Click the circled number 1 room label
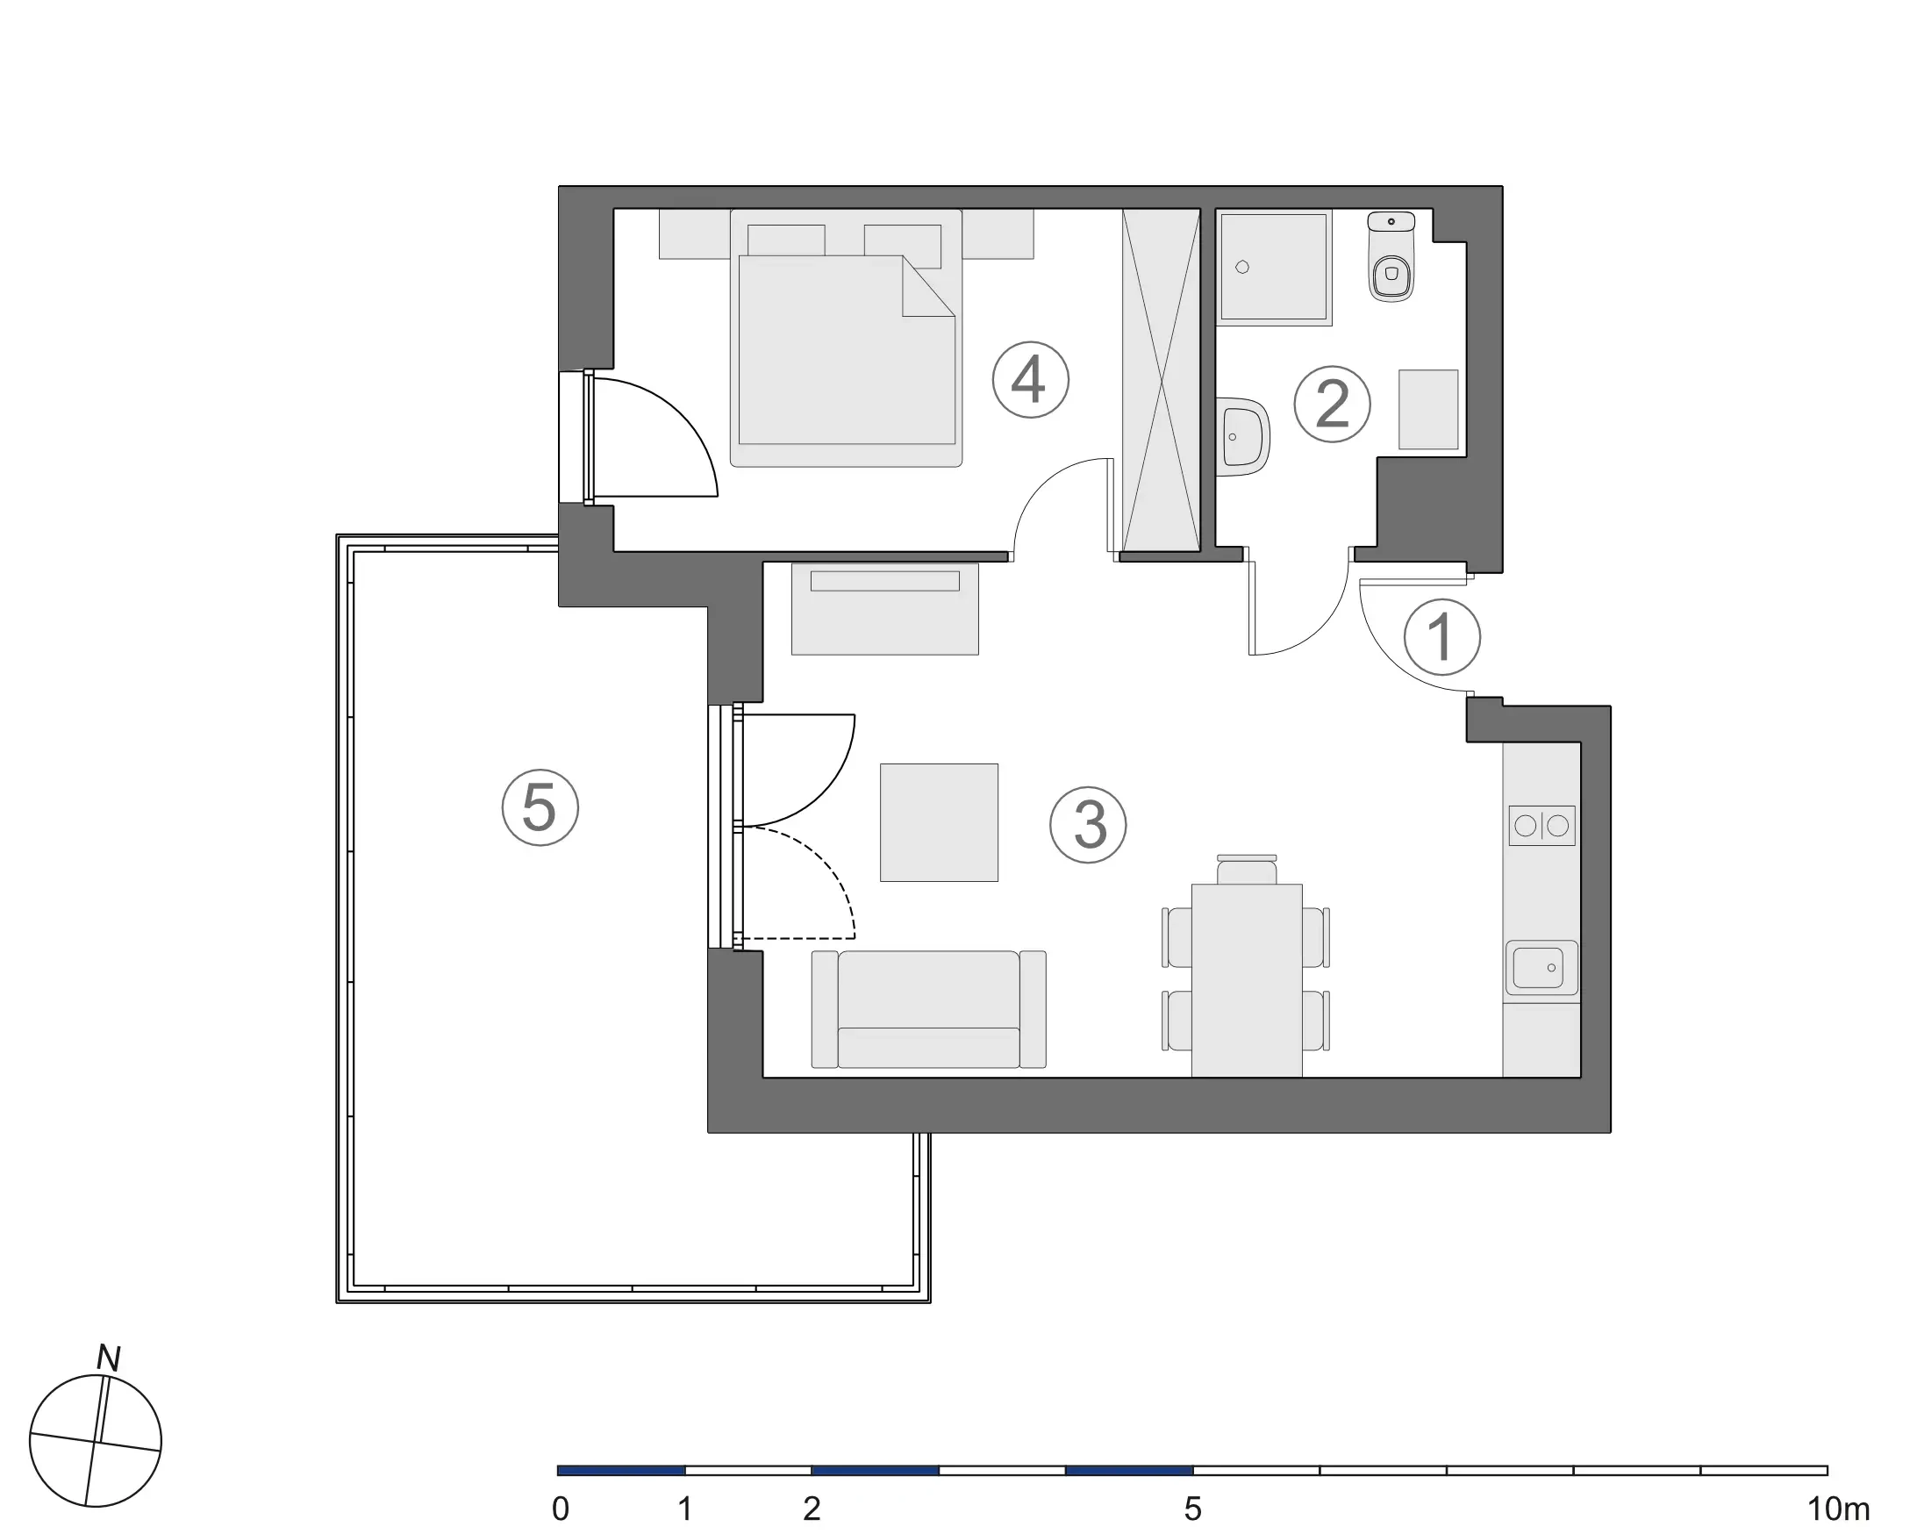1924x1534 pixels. pos(1441,637)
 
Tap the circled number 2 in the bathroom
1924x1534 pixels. pos(1332,405)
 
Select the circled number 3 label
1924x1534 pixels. pos(1088,825)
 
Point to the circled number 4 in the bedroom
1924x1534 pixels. pos(1030,379)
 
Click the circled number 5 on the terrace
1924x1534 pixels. pos(540,807)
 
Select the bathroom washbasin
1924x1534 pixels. pos(1242,436)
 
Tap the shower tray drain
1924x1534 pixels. pos(1241,267)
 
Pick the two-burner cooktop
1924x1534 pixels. pos(1541,826)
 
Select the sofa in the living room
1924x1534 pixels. pos(928,1009)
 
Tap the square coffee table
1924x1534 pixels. pos(939,822)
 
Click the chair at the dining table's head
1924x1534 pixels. pos(1247,870)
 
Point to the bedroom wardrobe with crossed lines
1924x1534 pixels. pos(1160,380)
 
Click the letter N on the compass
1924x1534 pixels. pos(108,1358)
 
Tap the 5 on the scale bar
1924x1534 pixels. pos(1192,1509)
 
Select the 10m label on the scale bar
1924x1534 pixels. pos(1837,1509)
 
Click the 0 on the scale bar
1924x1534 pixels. pos(561,1509)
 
